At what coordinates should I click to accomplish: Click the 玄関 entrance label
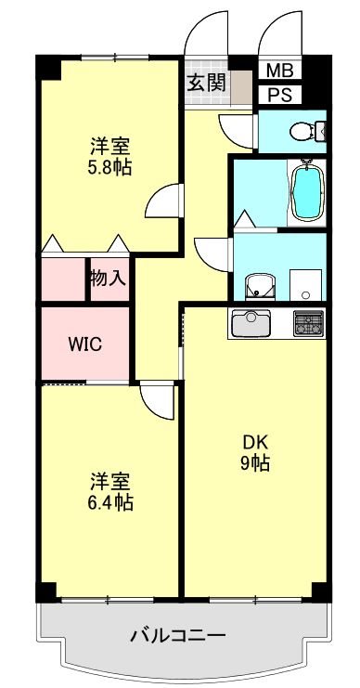(x=206, y=82)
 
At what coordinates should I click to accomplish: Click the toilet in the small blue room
(x=303, y=132)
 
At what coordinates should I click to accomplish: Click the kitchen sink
(x=250, y=324)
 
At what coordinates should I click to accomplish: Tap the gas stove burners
(x=308, y=323)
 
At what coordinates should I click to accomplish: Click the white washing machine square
(x=304, y=282)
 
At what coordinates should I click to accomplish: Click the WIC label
(x=85, y=344)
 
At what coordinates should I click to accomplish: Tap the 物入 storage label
(x=108, y=278)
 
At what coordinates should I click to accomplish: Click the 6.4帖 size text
(x=109, y=502)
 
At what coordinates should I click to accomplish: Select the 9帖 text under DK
(x=251, y=463)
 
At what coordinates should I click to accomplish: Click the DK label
(x=251, y=442)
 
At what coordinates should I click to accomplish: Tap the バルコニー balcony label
(x=177, y=636)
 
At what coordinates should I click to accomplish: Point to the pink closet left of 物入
(x=63, y=279)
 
